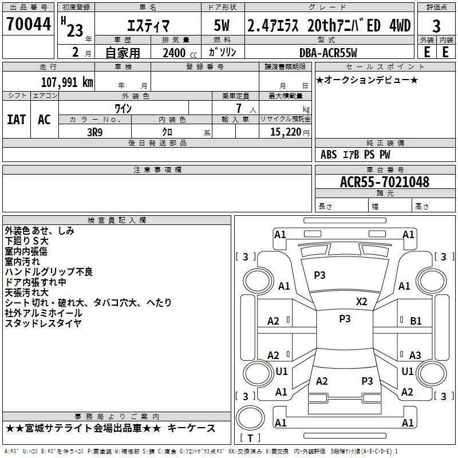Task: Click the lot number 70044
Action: pos(29,24)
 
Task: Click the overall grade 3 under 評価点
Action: pos(436,26)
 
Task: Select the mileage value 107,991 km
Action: pos(67,82)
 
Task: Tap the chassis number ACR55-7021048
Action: pos(385,182)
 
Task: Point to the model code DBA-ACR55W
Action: pos(328,53)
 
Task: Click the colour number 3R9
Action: pos(94,132)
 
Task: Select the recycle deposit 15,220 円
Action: pos(290,132)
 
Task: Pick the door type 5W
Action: pos(222,25)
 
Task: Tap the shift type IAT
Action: pos(17,120)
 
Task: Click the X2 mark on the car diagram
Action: pos(361,302)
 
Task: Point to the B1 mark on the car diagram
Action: pos(416,321)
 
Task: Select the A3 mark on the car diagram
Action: pos(415,355)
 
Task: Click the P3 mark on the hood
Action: pos(319,275)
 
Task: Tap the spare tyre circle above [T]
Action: pos(250,417)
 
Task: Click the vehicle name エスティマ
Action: pos(148,26)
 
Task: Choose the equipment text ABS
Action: pos(329,155)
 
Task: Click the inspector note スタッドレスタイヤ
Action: pos(43,323)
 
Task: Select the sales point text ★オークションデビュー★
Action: pos(367,80)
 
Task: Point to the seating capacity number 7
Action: pos(239,108)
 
